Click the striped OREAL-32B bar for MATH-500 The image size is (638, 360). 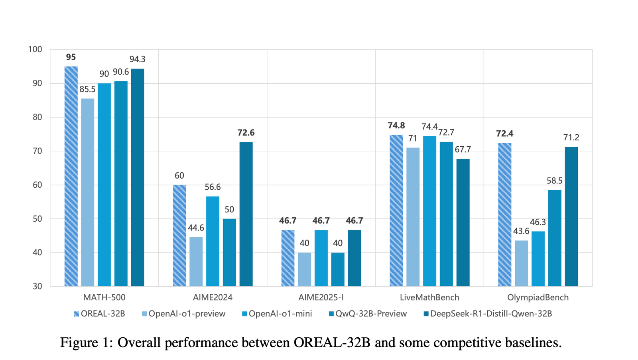pyautogui.click(x=71, y=176)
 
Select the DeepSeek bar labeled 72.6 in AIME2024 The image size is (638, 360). pyautogui.click(x=246, y=214)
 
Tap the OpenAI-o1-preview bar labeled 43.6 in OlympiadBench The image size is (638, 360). pyautogui.click(x=522, y=264)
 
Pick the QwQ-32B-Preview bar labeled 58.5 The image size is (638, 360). pyautogui.click(x=555, y=238)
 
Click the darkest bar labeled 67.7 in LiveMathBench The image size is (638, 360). pyautogui.click(x=463, y=222)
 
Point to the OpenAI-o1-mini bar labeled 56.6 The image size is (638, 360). pyautogui.click(x=213, y=241)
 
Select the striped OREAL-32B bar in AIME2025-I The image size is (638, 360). pyautogui.click(x=288, y=258)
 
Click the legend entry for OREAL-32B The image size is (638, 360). pyautogui.click(x=99, y=314)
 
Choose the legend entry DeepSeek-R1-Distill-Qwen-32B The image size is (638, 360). pyautogui.click(x=488, y=314)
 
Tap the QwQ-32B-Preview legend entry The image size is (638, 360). pyautogui.click(x=368, y=314)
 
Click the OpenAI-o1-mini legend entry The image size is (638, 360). pyautogui.click(x=277, y=314)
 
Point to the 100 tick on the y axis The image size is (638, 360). pyautogui.click(x=35, y=49)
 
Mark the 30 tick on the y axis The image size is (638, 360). pyautogui.click(x=37, y=286)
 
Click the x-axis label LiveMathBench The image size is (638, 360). pyautogui.click(x=429, y=297)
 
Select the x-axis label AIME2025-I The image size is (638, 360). pyautogui.click(x=321, y=297)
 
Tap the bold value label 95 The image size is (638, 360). pyautogui.click(x=71, y=57)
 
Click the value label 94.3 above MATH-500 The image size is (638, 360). pyautogui.click(x=138, y=59)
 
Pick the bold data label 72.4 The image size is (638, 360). pyautogui.click(x=505, y=133)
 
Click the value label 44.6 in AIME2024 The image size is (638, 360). pyautogui.click(x=196, y=228)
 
